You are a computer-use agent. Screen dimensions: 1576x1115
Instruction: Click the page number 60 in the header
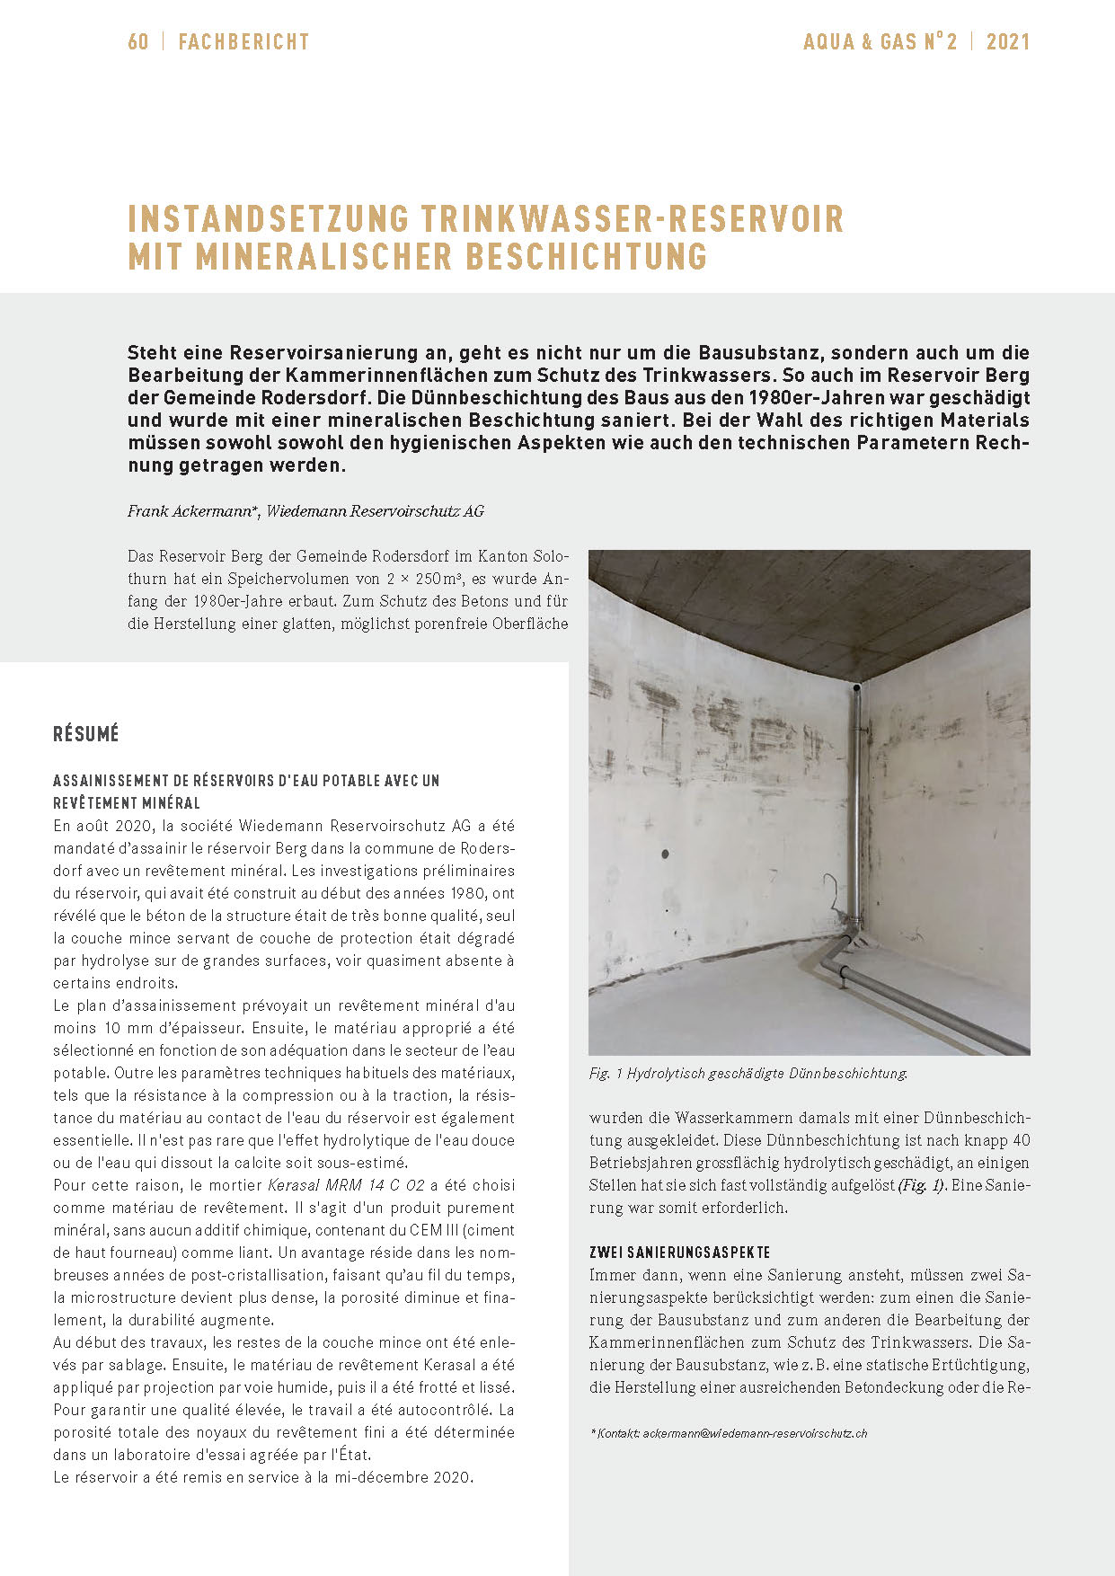click(x=138, y=42)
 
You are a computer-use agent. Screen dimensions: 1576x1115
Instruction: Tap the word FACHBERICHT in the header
click(x=243, y=42)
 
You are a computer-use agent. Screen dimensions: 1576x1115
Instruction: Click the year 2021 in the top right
click(x=1008, y=42)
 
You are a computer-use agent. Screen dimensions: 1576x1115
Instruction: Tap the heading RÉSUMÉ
click(x=86, y=734)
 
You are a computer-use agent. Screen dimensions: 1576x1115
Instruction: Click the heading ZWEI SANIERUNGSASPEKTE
click(x=679, y=1253)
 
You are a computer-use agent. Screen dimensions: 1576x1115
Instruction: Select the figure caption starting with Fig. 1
click(x=748, y=1073)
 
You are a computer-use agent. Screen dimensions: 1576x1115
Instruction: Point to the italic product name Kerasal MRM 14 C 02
click(x=346, y=1185)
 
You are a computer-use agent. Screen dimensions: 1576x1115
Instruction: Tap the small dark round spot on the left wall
click(x=666, y=854)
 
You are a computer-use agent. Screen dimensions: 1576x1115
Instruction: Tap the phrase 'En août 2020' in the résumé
click(x=99, y=826)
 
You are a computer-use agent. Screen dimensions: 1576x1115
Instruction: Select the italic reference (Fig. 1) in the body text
click(x=921, y=1185)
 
